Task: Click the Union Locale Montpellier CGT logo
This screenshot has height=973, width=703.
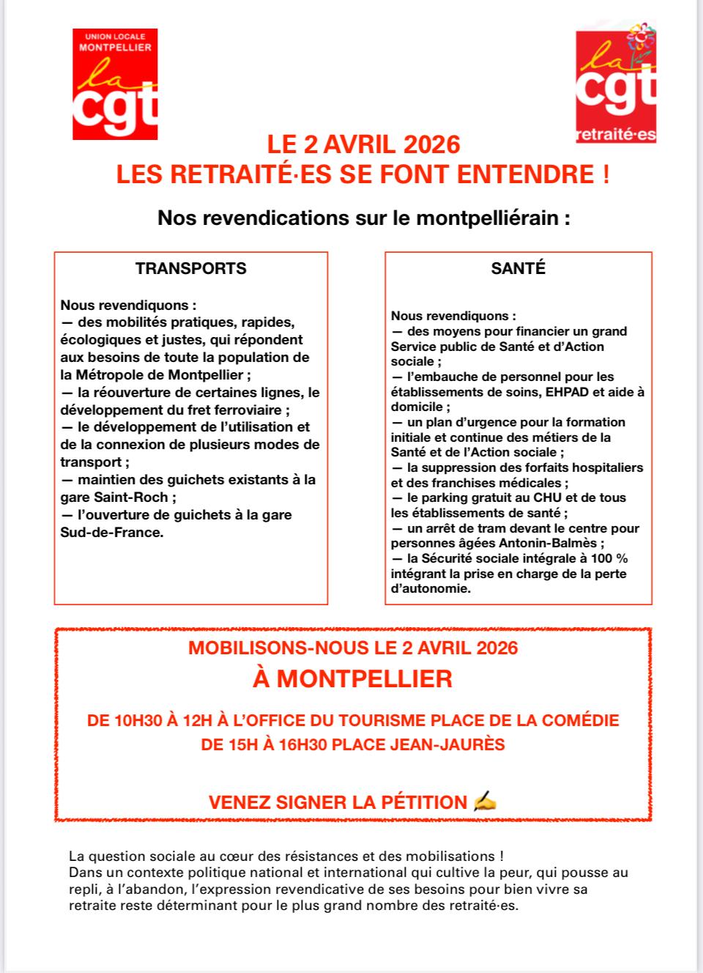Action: click(x=115, y=84)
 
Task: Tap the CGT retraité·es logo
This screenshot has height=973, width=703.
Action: click(x=615, y=82)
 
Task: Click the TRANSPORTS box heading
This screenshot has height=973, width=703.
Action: click(x=190, y=268)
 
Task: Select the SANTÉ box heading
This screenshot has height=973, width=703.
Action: click(x=518, y=268)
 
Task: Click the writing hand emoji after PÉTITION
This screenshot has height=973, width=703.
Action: click(x=485, y=802)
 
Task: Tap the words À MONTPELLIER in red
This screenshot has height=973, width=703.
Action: click(x=352, y=678)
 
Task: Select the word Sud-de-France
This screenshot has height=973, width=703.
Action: click(x=111, y=533)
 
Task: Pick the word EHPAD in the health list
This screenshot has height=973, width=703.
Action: click(x=560, y=392)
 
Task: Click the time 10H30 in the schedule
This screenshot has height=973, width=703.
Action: click(x=138, y=720)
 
